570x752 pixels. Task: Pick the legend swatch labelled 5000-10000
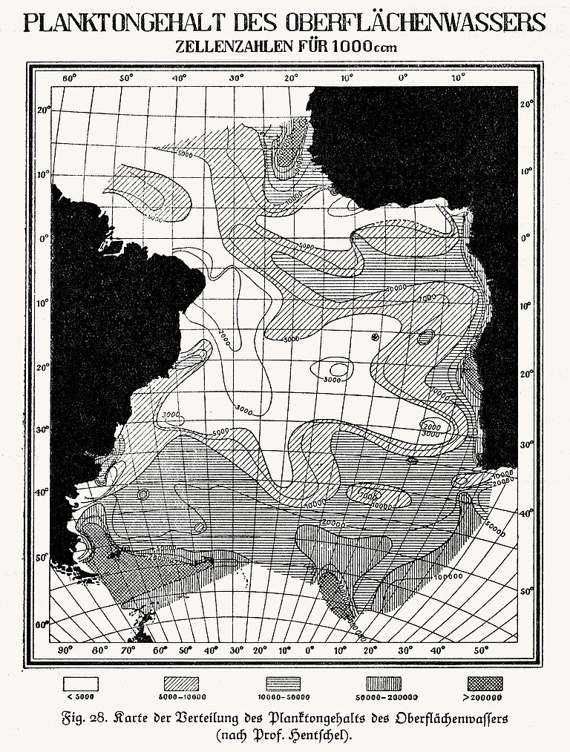click(182, 683)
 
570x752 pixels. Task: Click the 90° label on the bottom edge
click(65, 651)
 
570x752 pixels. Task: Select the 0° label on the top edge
click(403, 77)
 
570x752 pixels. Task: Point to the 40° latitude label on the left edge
click(44, 492)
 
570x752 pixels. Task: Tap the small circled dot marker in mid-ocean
click(375, 337)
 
